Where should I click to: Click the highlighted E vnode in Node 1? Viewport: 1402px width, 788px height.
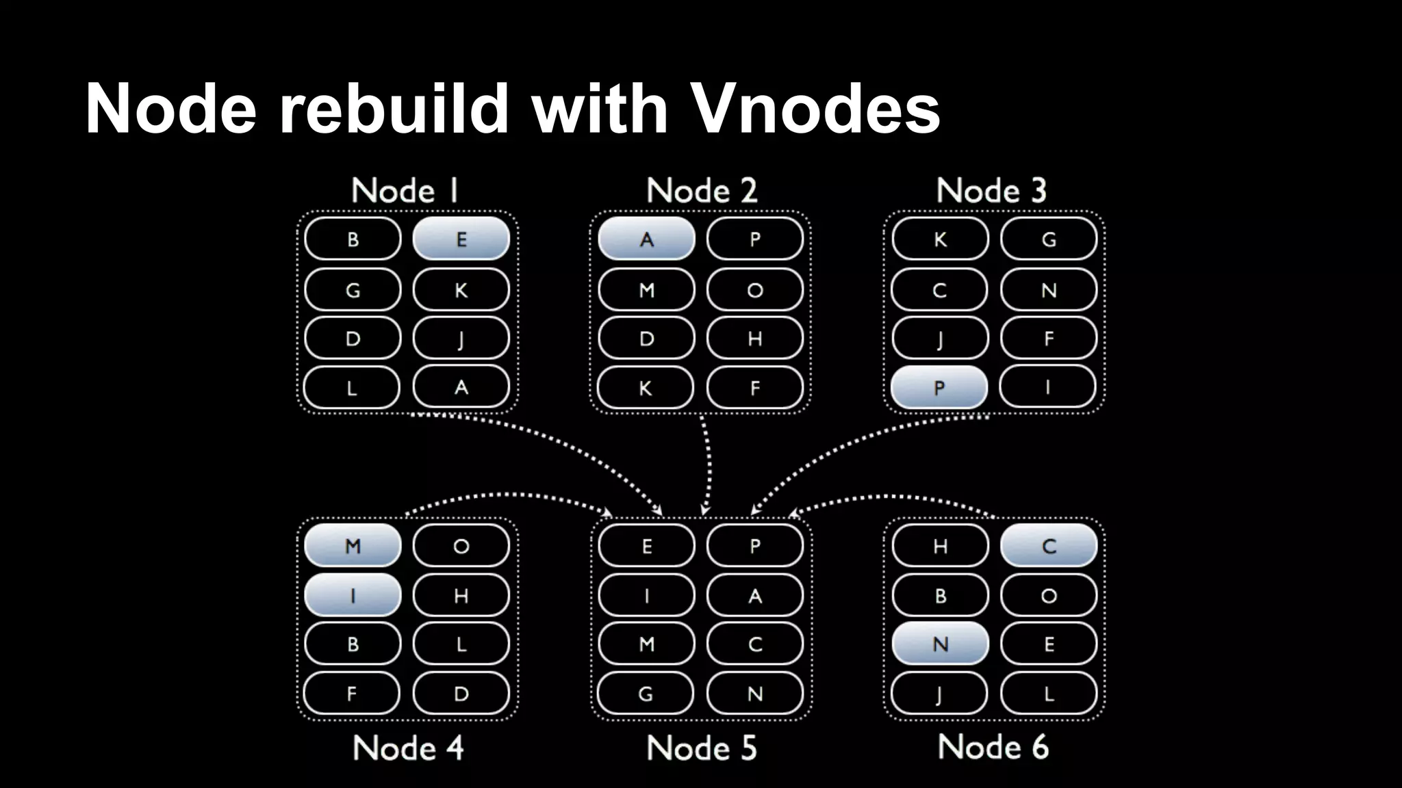[x=461, y=239]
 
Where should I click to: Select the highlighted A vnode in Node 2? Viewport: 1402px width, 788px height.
[x=646, y=239]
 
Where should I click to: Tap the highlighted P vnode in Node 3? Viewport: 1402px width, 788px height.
[x=939, y=387]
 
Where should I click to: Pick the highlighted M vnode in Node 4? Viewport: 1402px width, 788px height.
[x=353, y=546]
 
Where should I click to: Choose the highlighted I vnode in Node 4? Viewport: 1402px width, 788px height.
[x=353, y=595]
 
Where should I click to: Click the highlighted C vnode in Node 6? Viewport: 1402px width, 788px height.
[x=1048, y=546]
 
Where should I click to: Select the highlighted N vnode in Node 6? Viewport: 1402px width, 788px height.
[x=940, y=644]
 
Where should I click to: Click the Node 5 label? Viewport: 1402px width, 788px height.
[x=701, y=748]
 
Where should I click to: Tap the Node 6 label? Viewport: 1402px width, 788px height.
[x=993, y=746]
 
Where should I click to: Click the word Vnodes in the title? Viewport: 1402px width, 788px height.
[x=816, y=108]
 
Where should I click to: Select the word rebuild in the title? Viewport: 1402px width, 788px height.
[x=394, y=108]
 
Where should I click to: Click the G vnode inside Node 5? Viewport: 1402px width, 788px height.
[x=646, y=694]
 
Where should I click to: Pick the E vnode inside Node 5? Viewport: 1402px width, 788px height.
[x=646, y=546]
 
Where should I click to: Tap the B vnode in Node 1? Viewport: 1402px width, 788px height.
[x=353, y=239]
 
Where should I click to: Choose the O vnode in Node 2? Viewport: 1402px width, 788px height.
[x=754, y=289]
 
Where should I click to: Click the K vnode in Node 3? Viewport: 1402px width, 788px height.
[x=940, y=239]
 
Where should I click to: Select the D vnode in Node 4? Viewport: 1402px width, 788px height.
[x=461, y=694]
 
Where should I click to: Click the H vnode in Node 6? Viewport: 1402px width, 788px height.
[x=940, y=546]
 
